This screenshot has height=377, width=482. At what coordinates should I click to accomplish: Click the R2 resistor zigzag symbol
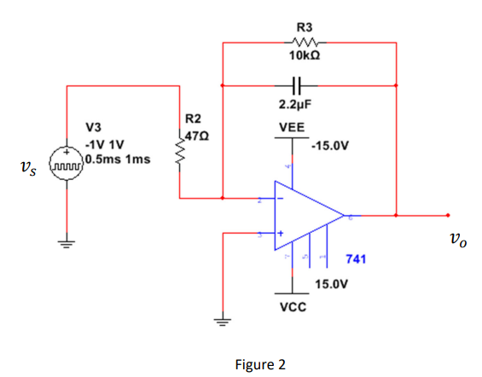[x=180, y=154]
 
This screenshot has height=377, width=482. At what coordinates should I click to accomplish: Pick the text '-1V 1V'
[x=104, y=143]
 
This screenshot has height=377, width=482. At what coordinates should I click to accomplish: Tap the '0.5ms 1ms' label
[x=115, y=159]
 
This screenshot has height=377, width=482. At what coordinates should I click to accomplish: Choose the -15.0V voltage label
[x=329, y=145]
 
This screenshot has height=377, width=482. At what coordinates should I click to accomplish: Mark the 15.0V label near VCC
[x=329, y=281]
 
